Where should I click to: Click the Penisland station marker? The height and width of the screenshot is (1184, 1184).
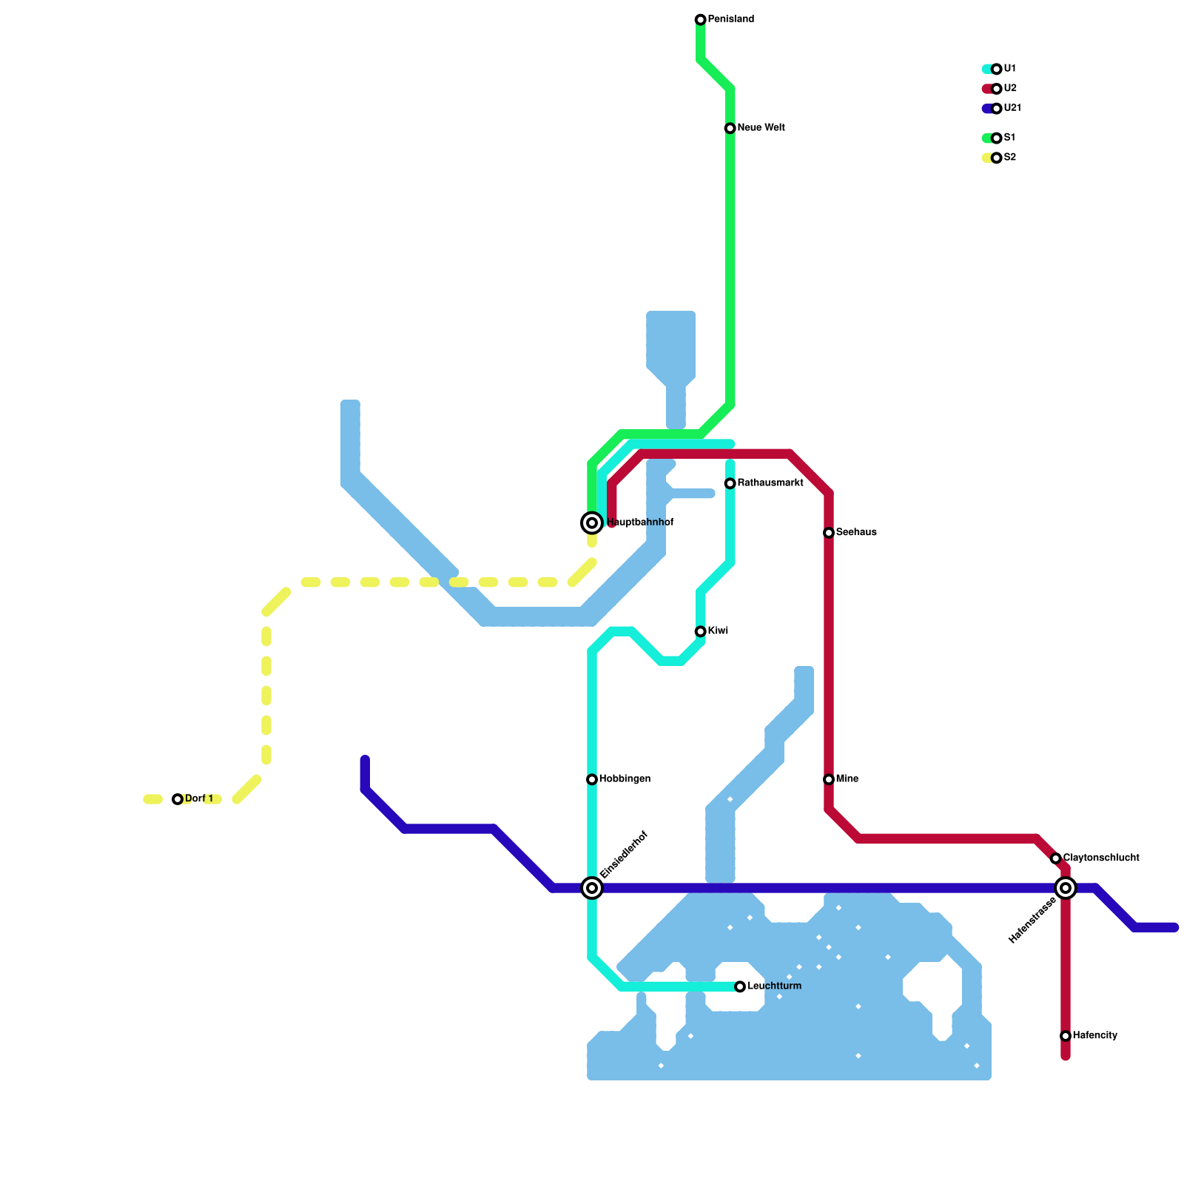[700, 19]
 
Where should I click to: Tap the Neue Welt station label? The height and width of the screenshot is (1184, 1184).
[761, 128]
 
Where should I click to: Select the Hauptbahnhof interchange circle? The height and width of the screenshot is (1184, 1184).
[592, 523]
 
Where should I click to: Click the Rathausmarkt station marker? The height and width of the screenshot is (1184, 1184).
[730, 483]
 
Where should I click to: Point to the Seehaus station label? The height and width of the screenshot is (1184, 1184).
[856, 533]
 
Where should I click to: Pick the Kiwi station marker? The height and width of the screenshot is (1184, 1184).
[700, 631]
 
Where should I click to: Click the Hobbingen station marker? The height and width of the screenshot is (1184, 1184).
[592, 779]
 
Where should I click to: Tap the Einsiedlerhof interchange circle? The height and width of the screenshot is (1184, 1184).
[592, 887]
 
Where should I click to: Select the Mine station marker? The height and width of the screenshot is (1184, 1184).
[829, 779]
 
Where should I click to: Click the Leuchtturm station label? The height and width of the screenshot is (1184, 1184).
[774, 986]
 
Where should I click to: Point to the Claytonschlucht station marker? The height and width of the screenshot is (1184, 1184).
[1056, 858]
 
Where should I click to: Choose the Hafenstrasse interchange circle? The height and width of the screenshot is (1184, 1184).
[1066, 887]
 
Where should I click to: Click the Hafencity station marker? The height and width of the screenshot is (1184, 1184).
[1066, 1036]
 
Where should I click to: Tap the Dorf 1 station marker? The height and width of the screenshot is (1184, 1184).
[178, 799]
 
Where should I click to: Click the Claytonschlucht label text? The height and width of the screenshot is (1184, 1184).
[1101, 858]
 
